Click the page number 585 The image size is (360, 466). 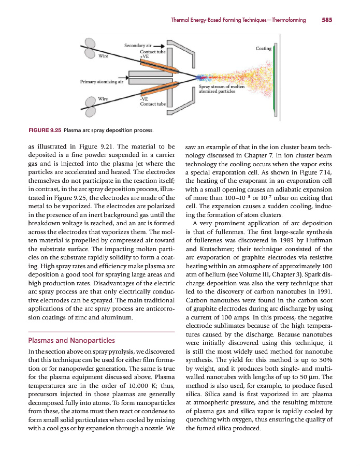[326, 20]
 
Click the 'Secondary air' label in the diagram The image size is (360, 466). [137, 46]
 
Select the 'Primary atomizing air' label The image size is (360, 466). [102, 81]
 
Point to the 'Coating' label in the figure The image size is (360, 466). [264, 49]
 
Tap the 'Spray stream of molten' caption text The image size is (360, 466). [222, 86]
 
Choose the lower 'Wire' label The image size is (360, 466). [103, 98]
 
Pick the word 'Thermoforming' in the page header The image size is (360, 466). [283, 20]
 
